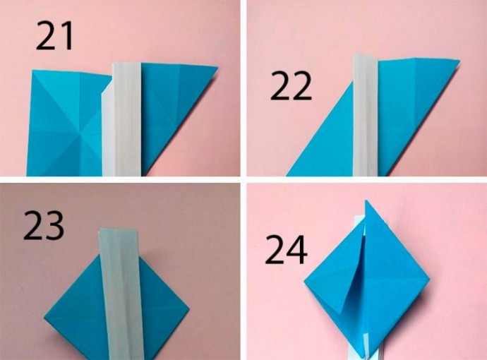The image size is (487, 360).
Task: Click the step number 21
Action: pos(54,36)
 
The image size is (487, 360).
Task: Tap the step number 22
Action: pos(291,85)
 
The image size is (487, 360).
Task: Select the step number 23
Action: pos(44,225)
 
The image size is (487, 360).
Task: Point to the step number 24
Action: pos(286,249)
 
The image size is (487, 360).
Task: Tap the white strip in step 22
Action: pos(366,115)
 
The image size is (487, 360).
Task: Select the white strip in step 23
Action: pos(121,294)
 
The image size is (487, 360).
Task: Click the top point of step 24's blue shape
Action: pos(366,200)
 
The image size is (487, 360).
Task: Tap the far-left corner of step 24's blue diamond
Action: pos(304,281)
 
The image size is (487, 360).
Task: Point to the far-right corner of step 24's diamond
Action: pos(430,280)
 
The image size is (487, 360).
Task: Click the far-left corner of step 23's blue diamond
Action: pos(44,317)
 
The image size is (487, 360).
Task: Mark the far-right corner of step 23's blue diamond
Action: pos(189,310)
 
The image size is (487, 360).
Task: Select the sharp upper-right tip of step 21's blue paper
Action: pos(217,67)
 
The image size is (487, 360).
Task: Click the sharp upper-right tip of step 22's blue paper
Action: pos(459,61)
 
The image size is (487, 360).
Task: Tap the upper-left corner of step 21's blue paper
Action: pos(32,71)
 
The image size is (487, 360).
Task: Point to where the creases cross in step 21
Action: pos(81,134)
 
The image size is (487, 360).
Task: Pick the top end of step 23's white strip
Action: pos(119,229)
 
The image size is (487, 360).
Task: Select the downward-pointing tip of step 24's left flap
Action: pos(343,311)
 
